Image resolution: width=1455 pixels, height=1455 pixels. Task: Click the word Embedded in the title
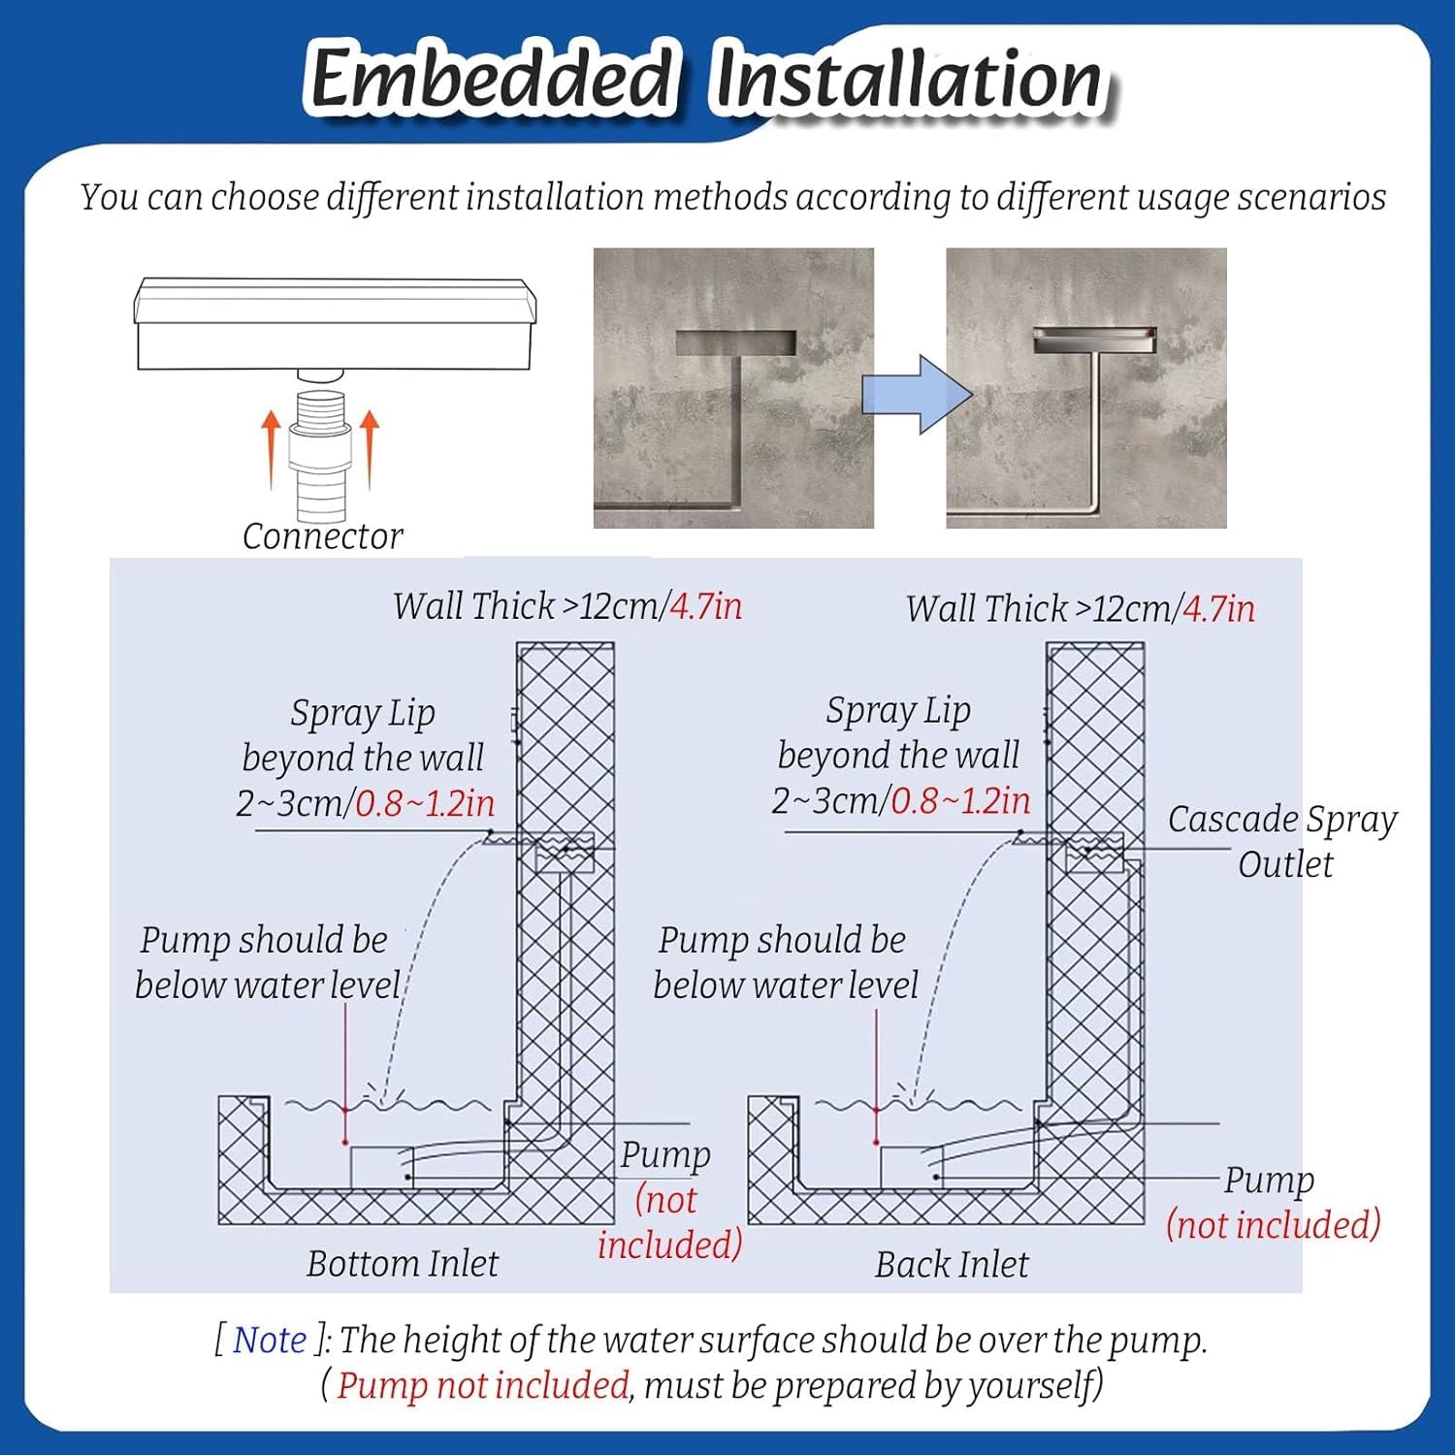coord(490,78)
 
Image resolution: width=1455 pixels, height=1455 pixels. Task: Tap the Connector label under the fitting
coord(322,536)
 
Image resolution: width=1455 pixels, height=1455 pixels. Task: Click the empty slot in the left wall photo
coord(735,342)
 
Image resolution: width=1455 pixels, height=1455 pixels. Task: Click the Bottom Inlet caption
coord(403,1264)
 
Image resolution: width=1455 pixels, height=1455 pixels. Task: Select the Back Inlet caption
coord(952,1265)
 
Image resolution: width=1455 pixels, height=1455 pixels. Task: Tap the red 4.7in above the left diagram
coord(706,606)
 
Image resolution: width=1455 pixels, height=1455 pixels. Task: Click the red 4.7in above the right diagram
coord(1219,609)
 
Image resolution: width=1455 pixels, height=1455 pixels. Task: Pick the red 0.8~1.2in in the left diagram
coord(425,803)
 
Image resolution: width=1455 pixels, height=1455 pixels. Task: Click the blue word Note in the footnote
coord(270,1341)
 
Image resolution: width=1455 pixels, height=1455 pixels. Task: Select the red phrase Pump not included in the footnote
coord(483,1385)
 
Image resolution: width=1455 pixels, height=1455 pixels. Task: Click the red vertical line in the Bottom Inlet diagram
coord(345,1074)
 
